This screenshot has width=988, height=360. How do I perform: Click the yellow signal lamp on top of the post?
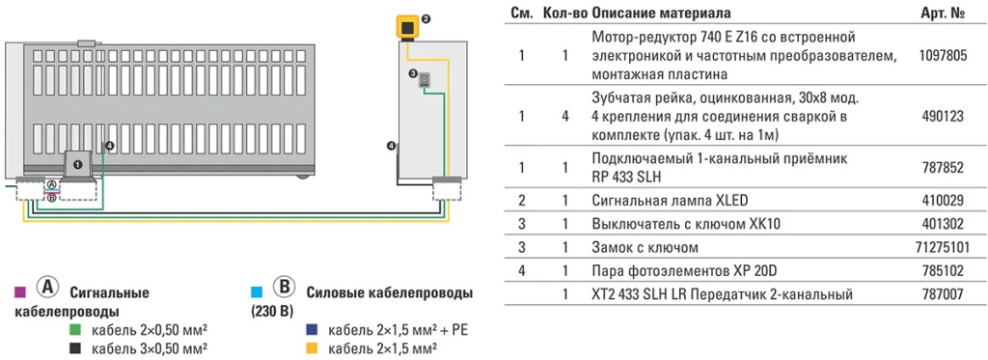tap(408, 25)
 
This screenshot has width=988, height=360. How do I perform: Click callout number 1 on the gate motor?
tap(75, 165)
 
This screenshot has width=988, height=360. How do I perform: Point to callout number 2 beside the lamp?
tap(426, 18)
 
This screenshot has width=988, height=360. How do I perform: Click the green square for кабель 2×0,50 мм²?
tap(75, 330)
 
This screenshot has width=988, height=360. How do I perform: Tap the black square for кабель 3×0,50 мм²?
tap(75, 348)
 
